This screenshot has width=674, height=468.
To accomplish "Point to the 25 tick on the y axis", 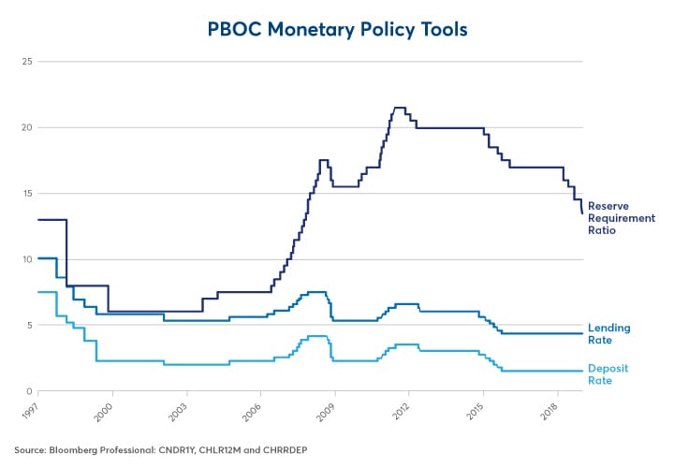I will (x=28, y=62).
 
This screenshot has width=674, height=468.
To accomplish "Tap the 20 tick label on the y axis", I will (x=28, y=127).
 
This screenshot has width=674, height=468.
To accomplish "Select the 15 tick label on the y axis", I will (x=28, y=194).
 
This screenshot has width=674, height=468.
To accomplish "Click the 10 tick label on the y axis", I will (x=28, y=259).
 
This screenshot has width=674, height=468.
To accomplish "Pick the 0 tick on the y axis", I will (x=31, y=391).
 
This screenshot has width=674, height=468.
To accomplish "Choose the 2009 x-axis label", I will (x=325, y=409).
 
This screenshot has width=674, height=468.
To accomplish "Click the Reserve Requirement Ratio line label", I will (x=621, y=217).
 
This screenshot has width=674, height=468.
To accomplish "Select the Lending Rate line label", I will (x=608, y=333).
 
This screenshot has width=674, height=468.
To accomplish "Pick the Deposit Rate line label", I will (x=608, y=373).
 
